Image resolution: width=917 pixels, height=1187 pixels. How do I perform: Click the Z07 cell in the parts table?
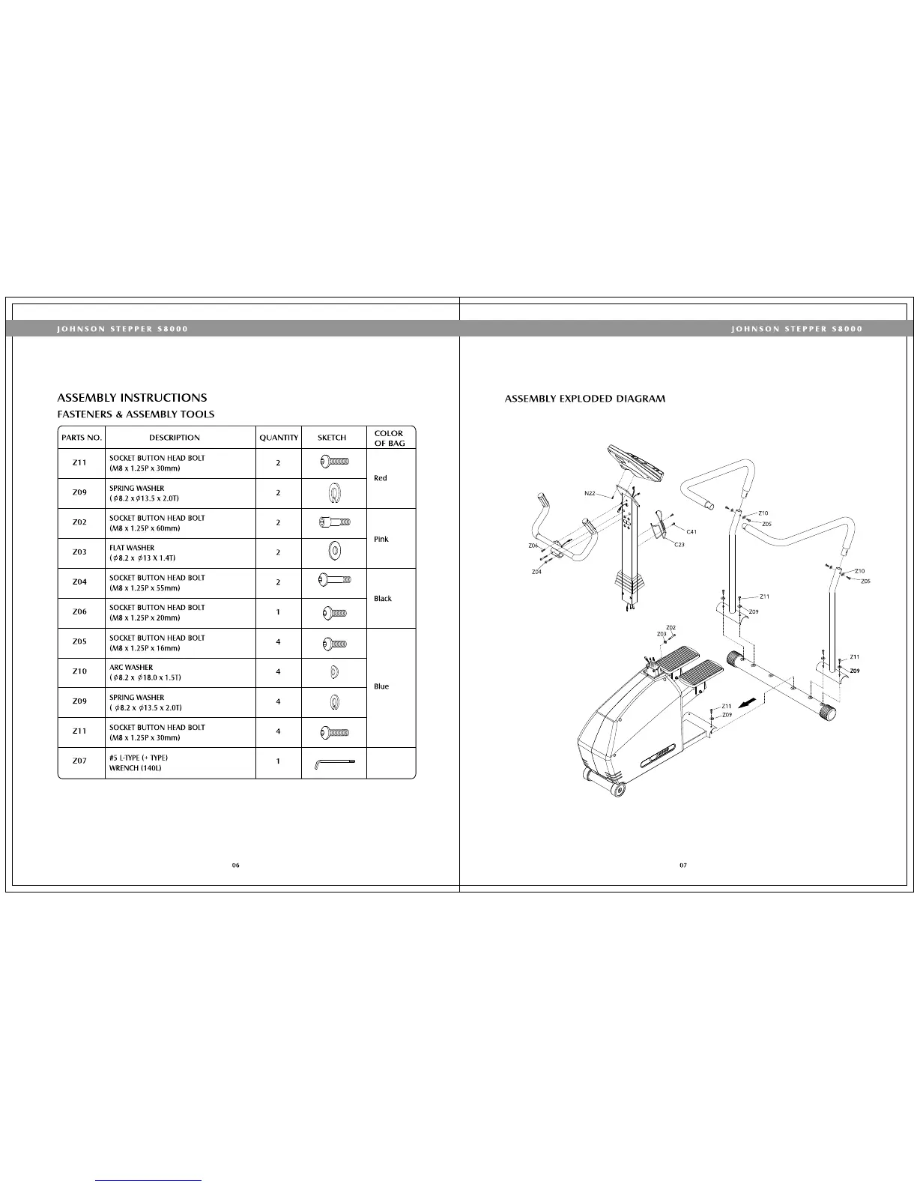tap(80, 761)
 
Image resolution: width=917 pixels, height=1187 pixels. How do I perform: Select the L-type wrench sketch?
tap(333, 763)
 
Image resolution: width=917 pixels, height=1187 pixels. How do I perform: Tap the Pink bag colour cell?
tap(381, 539)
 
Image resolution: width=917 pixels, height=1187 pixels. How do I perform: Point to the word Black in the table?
tap(383, 599)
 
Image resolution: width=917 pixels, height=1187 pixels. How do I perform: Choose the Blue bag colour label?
tap(381, 686)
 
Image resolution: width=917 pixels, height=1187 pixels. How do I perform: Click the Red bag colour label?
tap(381, 478)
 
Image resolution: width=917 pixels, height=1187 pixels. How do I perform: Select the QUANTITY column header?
tap(279, 438)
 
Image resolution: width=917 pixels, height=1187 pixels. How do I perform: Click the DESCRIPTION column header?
tap(175, 438)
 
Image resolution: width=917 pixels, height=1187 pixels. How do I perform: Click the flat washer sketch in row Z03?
tap(334, 552)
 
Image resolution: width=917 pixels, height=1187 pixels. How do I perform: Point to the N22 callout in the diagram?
tap(590, 494)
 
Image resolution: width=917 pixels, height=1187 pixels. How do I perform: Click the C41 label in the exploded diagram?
tap(691, 531)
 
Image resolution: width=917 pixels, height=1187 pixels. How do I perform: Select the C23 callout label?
tap(679, 545)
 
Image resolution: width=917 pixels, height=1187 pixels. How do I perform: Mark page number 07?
tap(683, 866)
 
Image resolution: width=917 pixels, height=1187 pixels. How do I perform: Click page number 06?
tap(235, 866)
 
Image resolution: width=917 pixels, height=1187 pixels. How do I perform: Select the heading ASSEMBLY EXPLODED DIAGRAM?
tap(585, 399)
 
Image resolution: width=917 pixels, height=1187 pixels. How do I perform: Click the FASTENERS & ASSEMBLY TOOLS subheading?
tap(136, 414)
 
